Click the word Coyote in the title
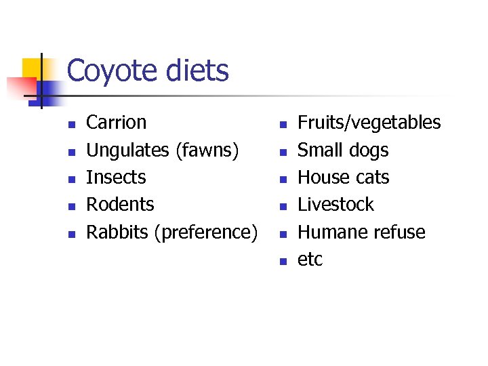(113, 71)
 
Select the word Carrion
(116, 123)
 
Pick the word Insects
(116, 178)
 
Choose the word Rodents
(120, 205)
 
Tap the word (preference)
(206, 232)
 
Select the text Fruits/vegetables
(369, 123)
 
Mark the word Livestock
(335, 205)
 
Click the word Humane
(329, 232)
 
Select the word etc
(310, 260)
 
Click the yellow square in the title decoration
(33, 68)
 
